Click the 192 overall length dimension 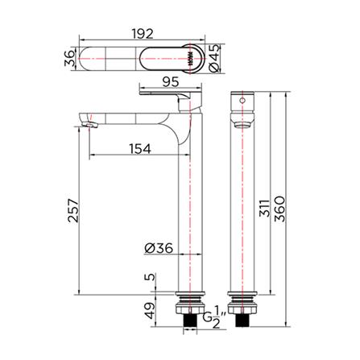click(x=143, y=35)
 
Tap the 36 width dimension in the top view click(x=70, y=57)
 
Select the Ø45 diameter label click(x=214, y=59)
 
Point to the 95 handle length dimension click(x=169, y=81)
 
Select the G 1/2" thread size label click(x=211, y=320)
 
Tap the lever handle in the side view click(x=169, y=97)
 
